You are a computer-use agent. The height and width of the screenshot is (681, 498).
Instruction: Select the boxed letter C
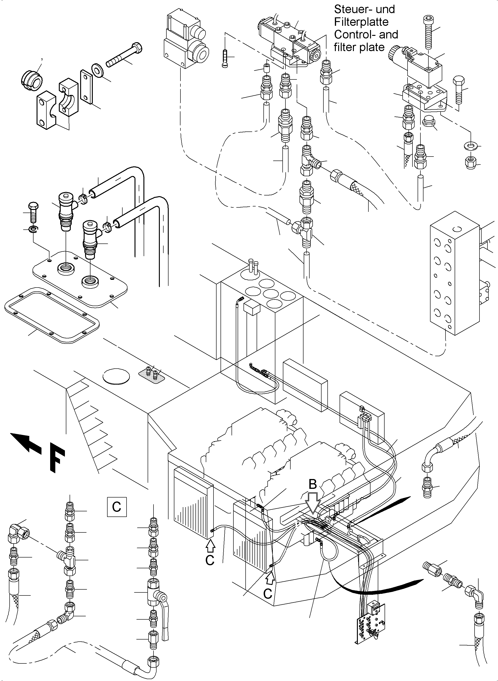(x=117, y=507)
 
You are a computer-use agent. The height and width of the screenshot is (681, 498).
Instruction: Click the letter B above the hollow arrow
(x=313, y=484)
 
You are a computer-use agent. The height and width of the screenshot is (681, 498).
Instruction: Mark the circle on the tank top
(x=116, y=376)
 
